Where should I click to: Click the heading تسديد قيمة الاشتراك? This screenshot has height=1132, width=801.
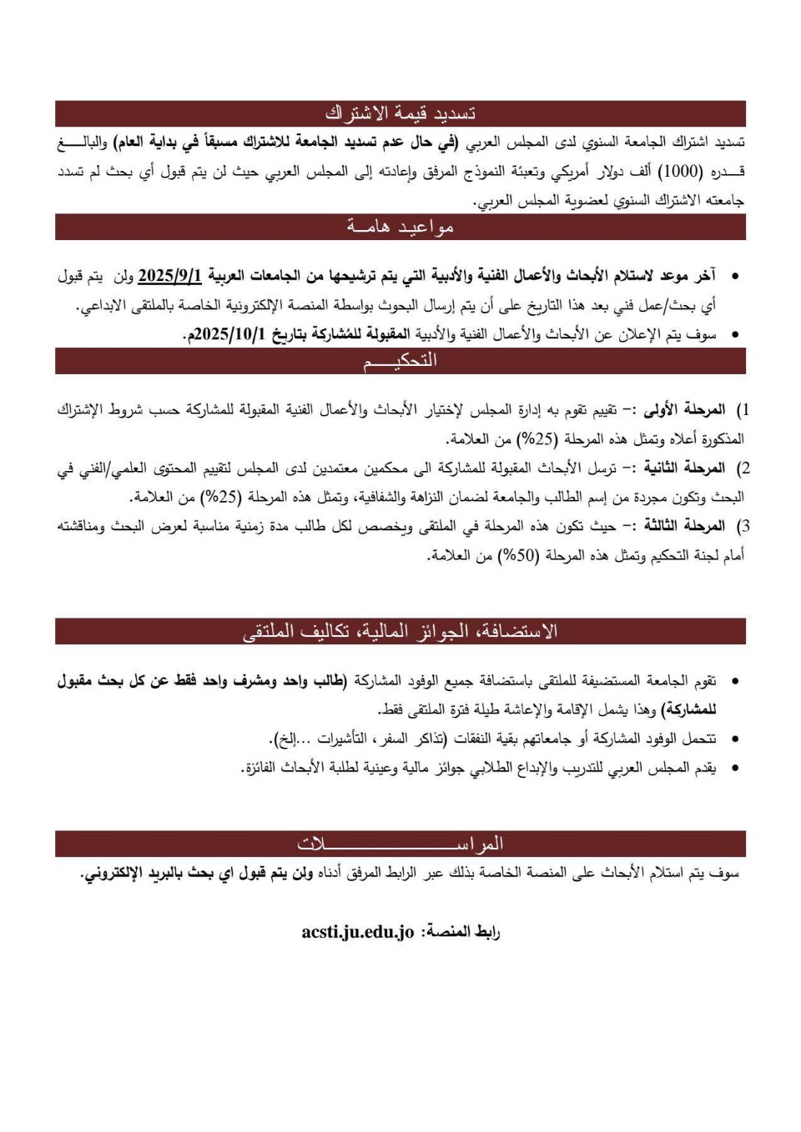click(x=400, y=113)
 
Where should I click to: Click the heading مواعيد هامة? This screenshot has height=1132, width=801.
click(x=400, y=227)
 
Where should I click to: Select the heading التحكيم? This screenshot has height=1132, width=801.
click(x=400, y=361)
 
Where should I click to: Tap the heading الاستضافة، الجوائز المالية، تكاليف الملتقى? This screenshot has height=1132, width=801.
click(x=400, y=631)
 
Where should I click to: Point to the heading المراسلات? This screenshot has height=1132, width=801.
click(x=400, y=844)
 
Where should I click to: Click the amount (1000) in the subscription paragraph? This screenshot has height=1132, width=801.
click(x=680, y=172)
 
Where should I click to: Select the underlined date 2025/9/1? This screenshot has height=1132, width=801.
click(x=170, y=275)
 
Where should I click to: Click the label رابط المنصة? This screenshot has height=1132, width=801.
click(x=460, y=932)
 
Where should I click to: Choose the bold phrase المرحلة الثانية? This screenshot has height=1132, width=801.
click(x=683, y=468)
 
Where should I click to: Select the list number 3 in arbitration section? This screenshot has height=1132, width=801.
click(x=744, y=526)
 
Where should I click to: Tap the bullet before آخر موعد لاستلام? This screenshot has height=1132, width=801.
click(x=734, y=276)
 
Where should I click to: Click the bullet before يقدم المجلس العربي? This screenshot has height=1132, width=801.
click(x=734, y=769)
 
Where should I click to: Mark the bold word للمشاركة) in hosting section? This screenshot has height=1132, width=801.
click(x=688, y=710)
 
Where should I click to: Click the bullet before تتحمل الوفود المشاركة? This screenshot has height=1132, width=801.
click(x=734, y=739)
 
